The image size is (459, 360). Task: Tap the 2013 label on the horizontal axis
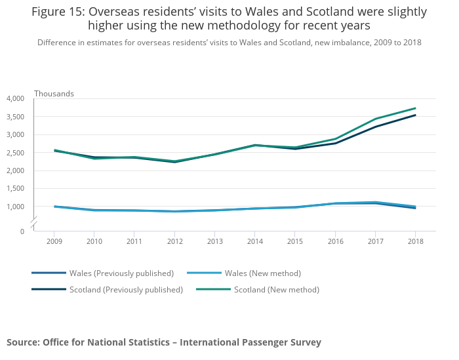click(x=214, y=242)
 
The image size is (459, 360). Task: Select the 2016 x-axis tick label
click(x=335, y=242)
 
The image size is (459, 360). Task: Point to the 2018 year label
click(x=415, y=242)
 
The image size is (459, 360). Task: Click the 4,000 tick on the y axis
click(x=15, y=98)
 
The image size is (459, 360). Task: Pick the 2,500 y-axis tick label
click(x=15, y=153)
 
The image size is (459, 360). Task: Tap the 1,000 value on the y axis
click(x=15, y=207)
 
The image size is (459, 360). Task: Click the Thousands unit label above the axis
click(x=54, y=94)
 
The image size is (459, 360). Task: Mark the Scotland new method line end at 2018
click(x=415, y=108)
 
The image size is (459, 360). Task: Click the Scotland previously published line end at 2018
click(x=415, y=115)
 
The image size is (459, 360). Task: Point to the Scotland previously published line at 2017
click(x=375, y=127)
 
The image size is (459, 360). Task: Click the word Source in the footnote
click(x=22, y=342)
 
